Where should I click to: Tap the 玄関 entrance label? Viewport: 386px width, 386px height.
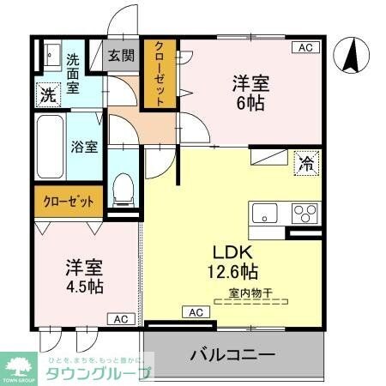(x=121, y=56)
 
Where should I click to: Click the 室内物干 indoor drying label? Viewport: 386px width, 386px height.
(x=250, y=294)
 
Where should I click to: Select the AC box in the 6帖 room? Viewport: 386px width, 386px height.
(x=306, y=48)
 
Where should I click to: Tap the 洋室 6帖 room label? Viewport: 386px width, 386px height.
(x=250, y=93)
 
